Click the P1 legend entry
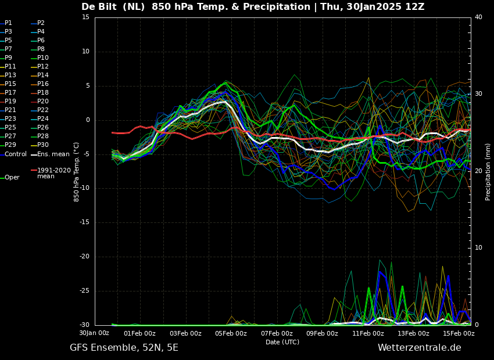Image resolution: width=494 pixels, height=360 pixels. (6, 23)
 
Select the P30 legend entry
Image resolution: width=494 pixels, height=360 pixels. (40, 145)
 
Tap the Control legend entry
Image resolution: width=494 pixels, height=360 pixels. (13, 154)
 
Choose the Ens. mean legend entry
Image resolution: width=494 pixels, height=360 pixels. (51, 154)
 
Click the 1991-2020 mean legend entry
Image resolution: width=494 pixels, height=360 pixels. (51, 173)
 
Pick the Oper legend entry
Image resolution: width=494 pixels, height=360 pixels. (10, 178)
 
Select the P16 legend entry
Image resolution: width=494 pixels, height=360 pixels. (40, 84)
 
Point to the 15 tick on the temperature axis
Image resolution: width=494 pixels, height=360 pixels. (85, 17)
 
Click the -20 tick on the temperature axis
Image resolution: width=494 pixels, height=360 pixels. (84, 257)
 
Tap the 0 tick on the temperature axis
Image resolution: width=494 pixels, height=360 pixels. (88, 120)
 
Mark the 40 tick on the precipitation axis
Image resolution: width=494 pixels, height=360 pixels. (478, 17)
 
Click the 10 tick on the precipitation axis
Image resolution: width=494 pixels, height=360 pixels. (478, 248)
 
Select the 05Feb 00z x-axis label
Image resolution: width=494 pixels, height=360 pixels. (231, 333)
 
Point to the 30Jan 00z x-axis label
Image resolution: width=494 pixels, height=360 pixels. (94, 333)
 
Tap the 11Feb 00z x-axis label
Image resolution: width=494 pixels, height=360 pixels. (368, 333)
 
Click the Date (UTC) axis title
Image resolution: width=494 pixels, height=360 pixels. (282, 342)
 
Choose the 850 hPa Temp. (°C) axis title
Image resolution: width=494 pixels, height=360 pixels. (76, 172)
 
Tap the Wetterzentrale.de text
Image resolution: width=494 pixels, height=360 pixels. (420, 348)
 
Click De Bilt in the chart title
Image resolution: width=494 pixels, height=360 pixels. (99, 6)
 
